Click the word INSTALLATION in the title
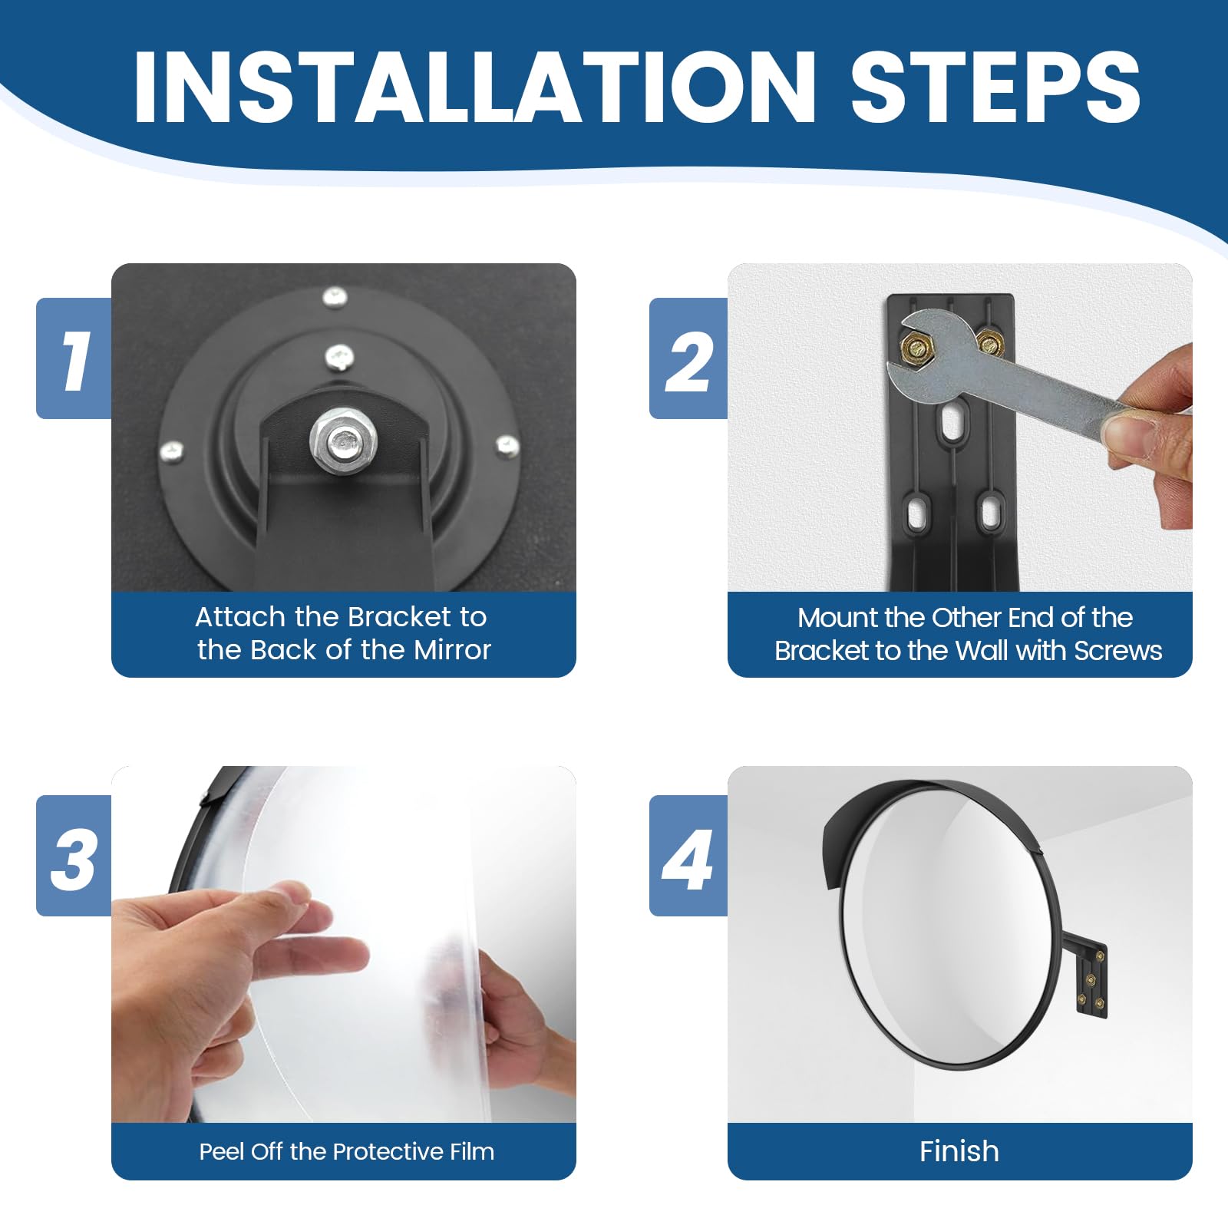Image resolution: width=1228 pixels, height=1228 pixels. click(474, 86)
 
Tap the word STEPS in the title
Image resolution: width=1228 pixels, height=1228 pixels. click(995, 86)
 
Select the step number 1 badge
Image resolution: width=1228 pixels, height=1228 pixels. click(74, 358)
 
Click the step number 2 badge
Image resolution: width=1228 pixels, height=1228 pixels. click(688, 358)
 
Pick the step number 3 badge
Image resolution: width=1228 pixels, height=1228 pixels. click(74, 856)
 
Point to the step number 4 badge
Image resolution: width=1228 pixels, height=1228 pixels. click(688, 856)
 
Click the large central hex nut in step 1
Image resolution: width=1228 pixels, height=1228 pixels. click(342, 441)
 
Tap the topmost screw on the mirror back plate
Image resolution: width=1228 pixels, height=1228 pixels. click(335, 295)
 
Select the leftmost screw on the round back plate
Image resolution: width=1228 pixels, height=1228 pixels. click(170, 451)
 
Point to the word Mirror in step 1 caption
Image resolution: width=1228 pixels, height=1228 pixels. click(453, 650)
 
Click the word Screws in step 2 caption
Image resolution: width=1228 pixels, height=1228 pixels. click(1118, 651)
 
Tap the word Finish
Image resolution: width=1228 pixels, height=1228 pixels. click(959, 1151)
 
